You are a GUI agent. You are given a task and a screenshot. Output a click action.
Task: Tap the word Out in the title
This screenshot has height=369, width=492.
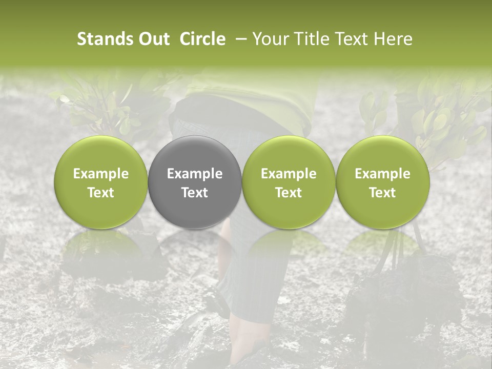pyautogui.click(x=153, y=39)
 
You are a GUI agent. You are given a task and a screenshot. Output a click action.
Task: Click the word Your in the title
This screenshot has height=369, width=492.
pyautogui.click(x=269, y=39)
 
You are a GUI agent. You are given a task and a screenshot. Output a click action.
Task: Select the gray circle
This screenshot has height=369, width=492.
pyautogui.click(x=195, y=182)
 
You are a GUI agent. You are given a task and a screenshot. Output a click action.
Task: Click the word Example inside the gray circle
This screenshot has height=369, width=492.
pyautogui.click(x=195, y=174)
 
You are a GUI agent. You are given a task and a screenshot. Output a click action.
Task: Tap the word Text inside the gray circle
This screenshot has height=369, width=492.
pyautogui.click(x=195, y=193)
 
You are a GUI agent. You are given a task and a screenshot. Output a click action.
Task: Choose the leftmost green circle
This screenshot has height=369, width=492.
pyautogui.click(x=101, y=182)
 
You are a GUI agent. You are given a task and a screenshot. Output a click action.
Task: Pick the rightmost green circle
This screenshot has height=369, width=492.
pyautogui.click(x=383, y=182)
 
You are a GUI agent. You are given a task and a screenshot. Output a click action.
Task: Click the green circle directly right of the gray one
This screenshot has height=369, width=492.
pyautogui.click(x=289, y=182)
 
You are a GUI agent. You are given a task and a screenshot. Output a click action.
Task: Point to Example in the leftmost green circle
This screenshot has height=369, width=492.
pyautogui.click(x=101, y=174)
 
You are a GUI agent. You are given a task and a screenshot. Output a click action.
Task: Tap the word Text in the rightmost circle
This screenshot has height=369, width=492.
pyautogui.click(x=383, y=193)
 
